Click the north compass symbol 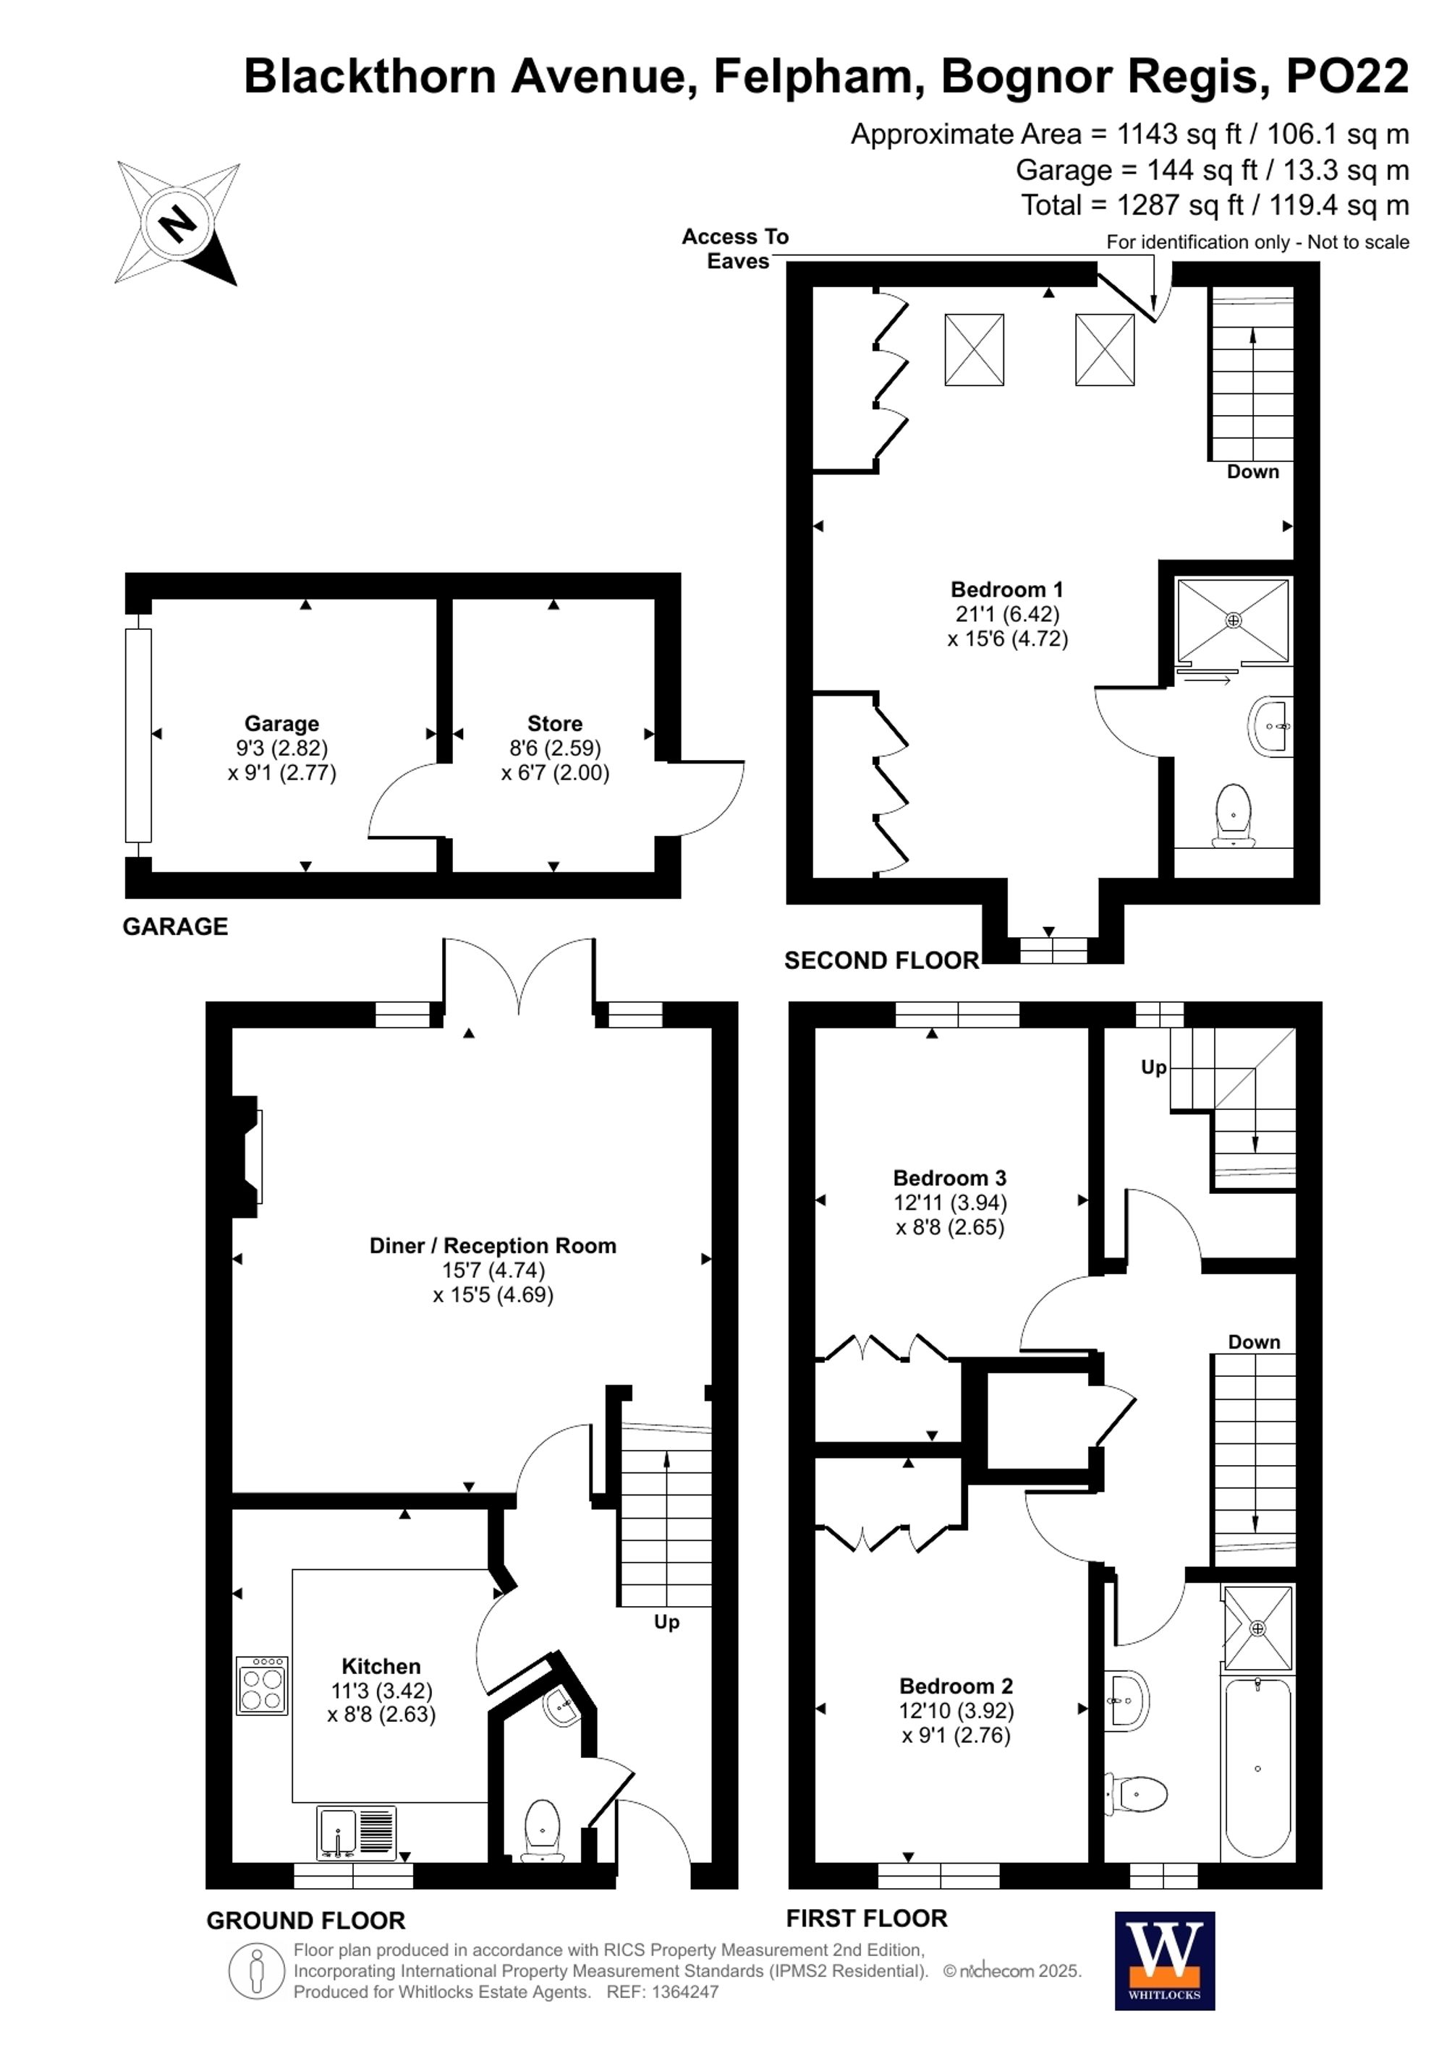click(178, 223)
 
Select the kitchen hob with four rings click(262, 1685)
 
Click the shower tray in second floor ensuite click(1233, 620)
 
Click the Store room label click(554, 723)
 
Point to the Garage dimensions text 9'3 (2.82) click(281, 748)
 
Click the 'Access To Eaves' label click(735, 249)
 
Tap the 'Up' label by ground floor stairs click(666, 1622)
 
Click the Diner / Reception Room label click(493, 1246)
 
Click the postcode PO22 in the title click(1346, 77)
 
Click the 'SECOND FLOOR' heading click(881, 960)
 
